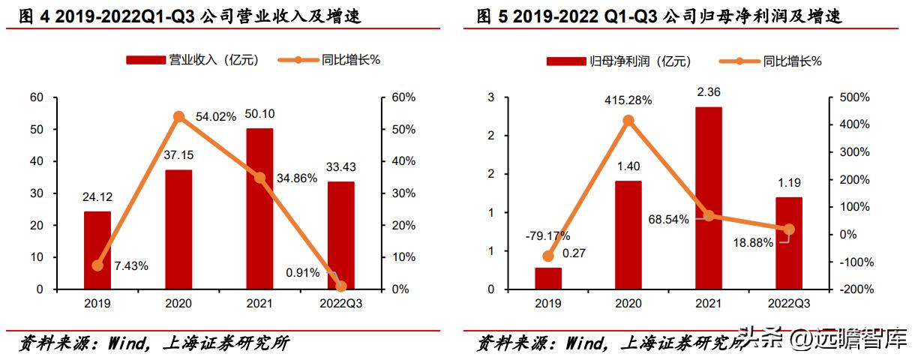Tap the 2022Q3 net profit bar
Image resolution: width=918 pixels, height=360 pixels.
[x=788, y=243]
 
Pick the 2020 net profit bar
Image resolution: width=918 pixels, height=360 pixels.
[x=628, y=235]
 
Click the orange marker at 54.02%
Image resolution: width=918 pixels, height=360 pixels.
[x=178, y=117]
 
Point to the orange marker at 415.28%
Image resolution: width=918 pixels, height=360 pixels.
[x=628, y=121]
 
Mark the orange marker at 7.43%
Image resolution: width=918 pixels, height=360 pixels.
[x=97, y=265]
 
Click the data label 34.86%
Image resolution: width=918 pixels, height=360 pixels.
[x=296, y=178]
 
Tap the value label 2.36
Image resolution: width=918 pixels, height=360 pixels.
[x=709, y=92]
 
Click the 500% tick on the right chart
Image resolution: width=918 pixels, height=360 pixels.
[x=854, y=97]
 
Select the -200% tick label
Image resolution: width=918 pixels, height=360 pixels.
[x=853, y=289]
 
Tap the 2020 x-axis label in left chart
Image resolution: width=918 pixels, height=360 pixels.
[x=178, y=303]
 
